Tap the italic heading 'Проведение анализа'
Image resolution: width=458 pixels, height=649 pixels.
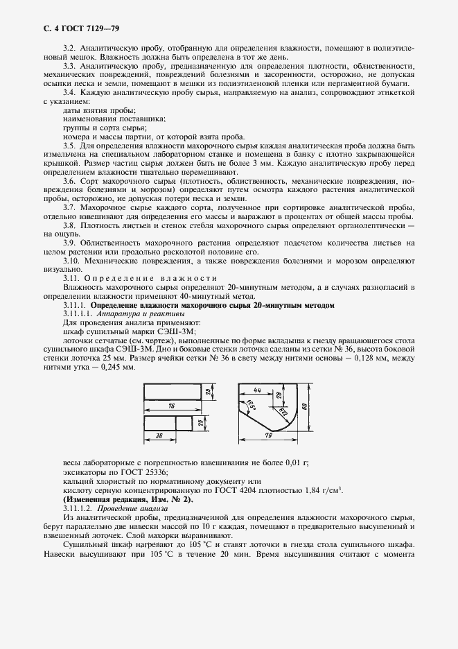(136, 508)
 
